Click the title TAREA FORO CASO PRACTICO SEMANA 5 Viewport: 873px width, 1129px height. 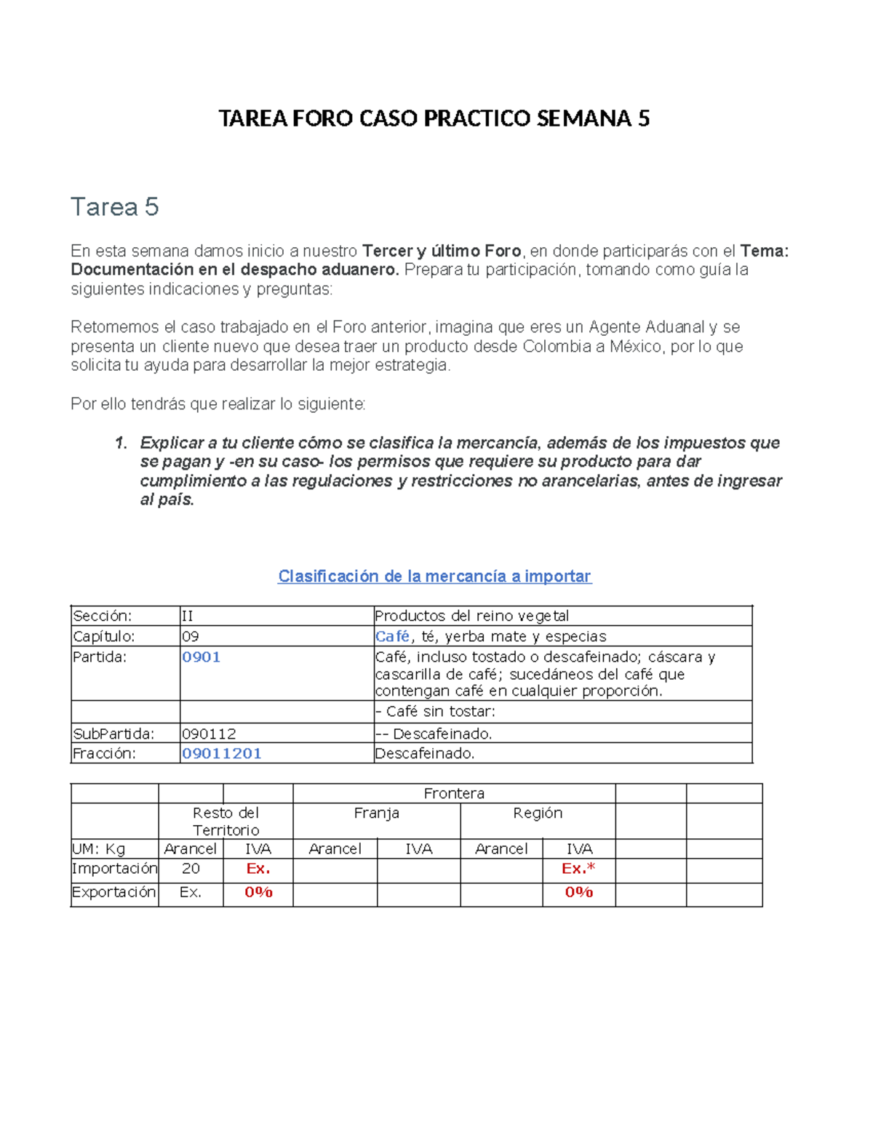pos(434,118)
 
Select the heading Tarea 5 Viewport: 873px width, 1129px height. pos(114,207)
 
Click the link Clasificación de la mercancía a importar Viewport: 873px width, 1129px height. pos(434,576)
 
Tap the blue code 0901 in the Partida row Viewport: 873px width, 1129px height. pos(201,657)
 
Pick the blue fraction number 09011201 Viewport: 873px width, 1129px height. pos(221,754)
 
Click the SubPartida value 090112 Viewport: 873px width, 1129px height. pos(209,734)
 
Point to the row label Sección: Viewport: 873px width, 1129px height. pos(102,616)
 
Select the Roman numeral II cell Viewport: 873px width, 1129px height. pos(187,616)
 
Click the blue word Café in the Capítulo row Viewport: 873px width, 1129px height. pos(392,637)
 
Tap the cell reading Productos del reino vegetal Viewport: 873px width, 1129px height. pos(471,616)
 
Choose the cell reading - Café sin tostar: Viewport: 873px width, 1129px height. pos(435,712)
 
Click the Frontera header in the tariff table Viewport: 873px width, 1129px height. pos(454,794)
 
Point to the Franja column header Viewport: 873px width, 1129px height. pos(376,813)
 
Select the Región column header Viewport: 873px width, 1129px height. pos(538,813)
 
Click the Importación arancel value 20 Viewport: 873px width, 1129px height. pos(191,869)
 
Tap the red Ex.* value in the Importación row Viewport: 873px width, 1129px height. pos(578,869)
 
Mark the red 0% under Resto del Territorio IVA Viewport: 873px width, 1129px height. pos(258,893)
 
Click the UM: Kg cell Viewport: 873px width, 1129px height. pos(99,849)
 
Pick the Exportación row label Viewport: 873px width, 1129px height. pos(114,893)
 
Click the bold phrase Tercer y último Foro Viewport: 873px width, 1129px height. pos(442,252)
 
